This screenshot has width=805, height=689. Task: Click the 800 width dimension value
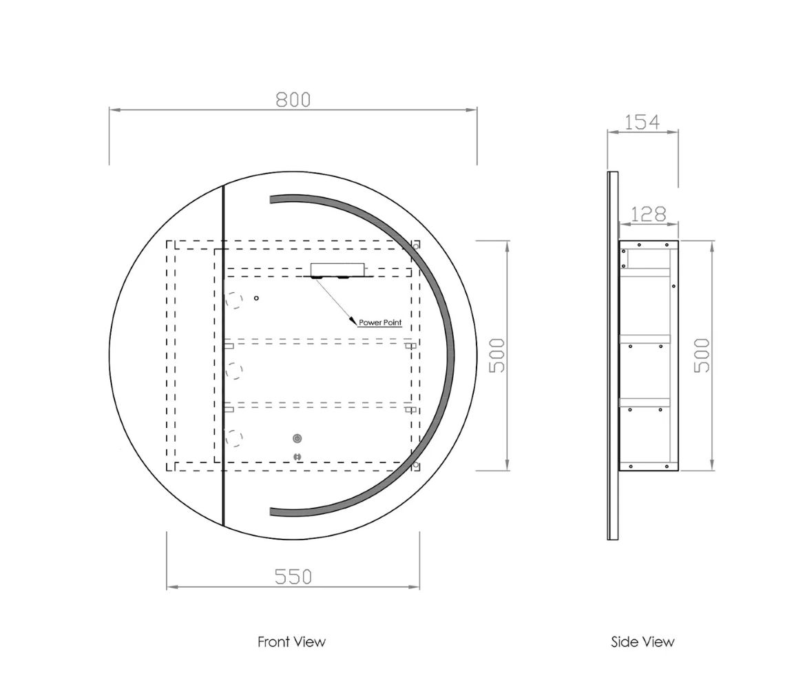point(293,100)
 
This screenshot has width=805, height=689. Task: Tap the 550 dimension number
point(293,577)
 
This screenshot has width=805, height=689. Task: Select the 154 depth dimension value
point(642,122)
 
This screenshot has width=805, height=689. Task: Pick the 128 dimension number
point(648,214)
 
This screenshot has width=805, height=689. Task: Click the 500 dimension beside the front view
point(497,355)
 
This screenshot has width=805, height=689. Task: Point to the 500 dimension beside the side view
point(701,355)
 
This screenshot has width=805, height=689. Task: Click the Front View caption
point(291,641)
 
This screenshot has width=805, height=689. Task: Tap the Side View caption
point(642,641)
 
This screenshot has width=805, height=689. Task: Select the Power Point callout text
point(380,322)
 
